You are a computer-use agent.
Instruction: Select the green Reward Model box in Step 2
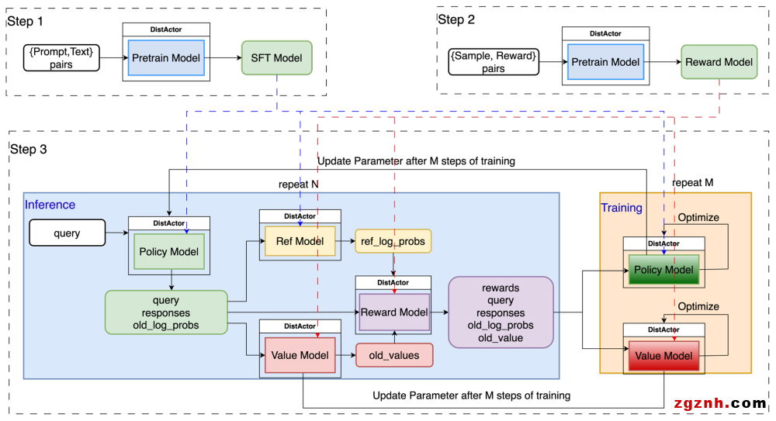click(719, 62)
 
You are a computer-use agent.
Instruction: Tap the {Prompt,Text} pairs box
click(61, 58)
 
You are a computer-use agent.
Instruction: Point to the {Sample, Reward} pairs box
click(494, 62)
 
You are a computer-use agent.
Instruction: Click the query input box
click(68, 233)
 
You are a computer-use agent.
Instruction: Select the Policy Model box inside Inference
click(168, 251)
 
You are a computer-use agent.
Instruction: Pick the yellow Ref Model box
click(300, 241)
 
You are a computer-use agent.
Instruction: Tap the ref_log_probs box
click(393, 242)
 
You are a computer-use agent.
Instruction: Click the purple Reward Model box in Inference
click(393, 312)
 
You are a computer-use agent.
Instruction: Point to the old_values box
click(393, 355)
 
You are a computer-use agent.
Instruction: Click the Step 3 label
click(28, 150)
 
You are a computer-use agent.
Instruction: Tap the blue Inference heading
click(50, 205)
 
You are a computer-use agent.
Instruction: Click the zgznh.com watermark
click(721, 403)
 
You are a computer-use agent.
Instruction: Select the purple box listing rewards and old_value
click(501, 312)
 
